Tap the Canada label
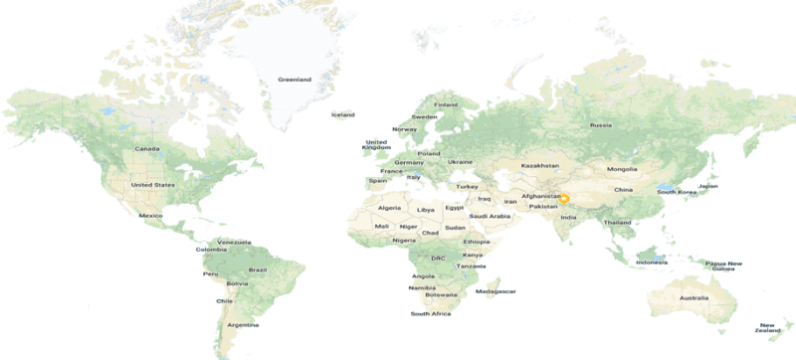(147, 149)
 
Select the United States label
(153, 185)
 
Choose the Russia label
(600, 125)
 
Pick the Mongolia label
(622, 169)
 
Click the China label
(624, 189)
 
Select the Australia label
(694, 298)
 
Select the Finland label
(446, 105)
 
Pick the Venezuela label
(238, 241)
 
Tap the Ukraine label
(460, 161)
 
